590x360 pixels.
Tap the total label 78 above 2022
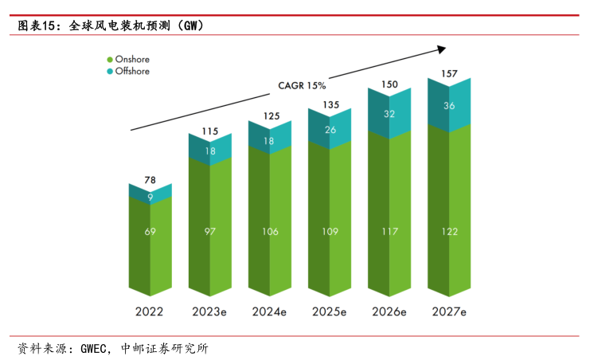pyautogui.click(x=150, y=181)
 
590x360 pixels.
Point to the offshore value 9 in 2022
pyautogui.click(x=150, y=196)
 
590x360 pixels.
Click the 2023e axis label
pyautogui.click(x=210, y=311)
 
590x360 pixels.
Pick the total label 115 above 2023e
pyautogui.click(x=209, y=131)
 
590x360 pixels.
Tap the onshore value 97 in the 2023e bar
pyautogui.click(x=209, y=231)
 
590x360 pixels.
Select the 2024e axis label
pyautogui.click(x=269, y=311)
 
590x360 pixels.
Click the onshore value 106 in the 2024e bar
pyautogui.click(x=269, y=231)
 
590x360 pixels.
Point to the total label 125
pyautogui.click(x=270, y=116)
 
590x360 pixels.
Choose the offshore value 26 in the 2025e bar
pyautogui.click(x=330, y=129)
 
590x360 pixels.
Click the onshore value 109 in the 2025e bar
pyautogui.click(x=330, y=231)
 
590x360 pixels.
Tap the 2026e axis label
pyautogui.click(x=389, y=311)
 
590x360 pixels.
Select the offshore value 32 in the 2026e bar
pyautogui.click(x=389, y=113)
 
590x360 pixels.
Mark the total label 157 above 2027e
pyautogui.click(x=448, y=74)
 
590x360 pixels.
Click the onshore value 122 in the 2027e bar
pyautogui.click(x=448, y=231)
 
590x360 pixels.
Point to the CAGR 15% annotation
pyautogui.click(x=301, y=85)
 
